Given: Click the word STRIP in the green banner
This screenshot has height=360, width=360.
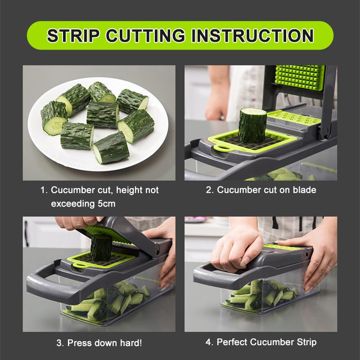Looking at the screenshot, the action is point(73,36).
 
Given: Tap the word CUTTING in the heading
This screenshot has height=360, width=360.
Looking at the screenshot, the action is point(145,36).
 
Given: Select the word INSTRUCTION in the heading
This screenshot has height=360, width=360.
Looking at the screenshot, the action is point(252,36).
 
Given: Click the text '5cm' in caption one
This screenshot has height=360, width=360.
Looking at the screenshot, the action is point(106,204).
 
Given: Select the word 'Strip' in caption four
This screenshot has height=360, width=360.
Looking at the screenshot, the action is point(306,342).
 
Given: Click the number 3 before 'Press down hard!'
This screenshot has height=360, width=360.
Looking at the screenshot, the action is point(59,343).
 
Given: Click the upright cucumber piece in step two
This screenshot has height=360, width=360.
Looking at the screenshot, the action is point(252,126).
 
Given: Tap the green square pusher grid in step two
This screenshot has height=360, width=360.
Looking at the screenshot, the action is point(300,77).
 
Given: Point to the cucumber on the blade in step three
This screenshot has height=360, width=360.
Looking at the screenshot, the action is point(101,248).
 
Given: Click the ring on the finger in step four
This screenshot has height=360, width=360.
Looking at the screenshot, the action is point(328,267).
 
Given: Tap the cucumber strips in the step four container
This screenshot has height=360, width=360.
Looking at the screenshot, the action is point(262,295).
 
